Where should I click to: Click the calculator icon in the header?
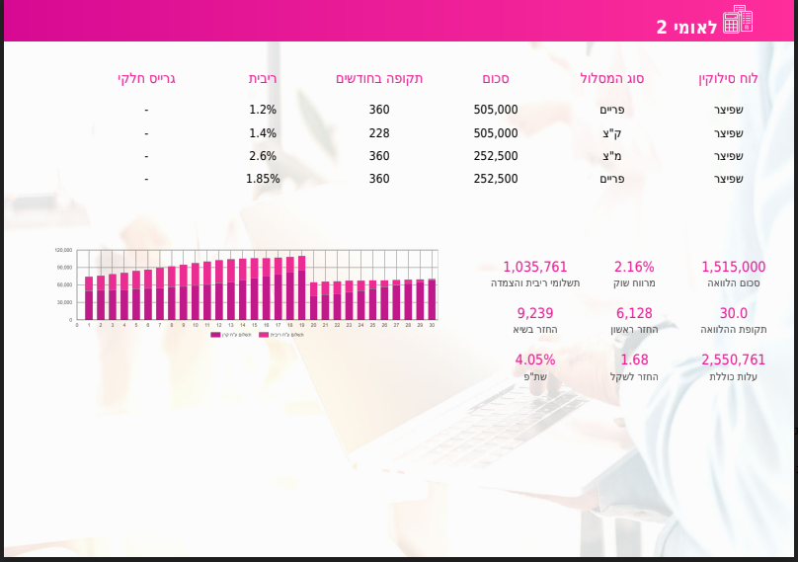(738, 20)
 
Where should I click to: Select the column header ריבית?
(263, 78)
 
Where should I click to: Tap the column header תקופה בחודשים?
(379, 78)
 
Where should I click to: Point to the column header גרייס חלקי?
(146, 78)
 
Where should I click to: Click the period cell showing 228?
(379, 133)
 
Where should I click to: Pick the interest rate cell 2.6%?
(263, 156)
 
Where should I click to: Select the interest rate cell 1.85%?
(263, 179)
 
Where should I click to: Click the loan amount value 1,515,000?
(733, 267)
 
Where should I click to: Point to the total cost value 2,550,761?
(733, 360)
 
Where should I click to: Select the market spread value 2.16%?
(634, 267)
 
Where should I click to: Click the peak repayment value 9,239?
(535, 313)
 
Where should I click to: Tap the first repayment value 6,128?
(634, 313)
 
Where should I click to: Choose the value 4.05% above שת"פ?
(535, 360)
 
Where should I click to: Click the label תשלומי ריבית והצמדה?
(535, 283)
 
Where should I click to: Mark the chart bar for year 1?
(89, 298)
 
